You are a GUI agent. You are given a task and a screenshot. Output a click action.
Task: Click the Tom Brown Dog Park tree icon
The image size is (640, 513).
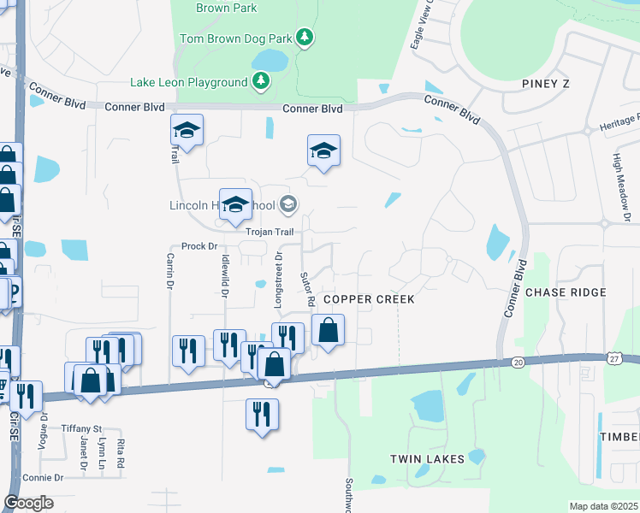305,38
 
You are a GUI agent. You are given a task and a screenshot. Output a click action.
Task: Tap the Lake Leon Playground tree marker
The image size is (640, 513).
261,82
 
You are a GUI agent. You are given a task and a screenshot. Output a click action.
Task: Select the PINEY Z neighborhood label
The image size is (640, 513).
545,83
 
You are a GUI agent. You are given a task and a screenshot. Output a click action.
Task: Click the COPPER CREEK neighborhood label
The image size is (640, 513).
369,299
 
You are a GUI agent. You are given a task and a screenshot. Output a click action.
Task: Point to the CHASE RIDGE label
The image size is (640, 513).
566,292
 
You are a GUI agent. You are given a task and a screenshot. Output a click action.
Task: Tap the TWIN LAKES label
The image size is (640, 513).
427,459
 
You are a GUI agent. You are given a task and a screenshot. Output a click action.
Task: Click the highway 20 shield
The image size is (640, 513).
519,363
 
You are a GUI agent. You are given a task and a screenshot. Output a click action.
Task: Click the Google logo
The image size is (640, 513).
28,503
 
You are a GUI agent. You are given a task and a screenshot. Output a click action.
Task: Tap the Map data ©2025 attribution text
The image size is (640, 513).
602,506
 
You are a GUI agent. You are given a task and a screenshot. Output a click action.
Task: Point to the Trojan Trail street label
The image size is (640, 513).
270,232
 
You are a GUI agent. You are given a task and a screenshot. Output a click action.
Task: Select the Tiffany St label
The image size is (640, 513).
81,427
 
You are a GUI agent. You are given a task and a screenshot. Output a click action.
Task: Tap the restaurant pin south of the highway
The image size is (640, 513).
262,413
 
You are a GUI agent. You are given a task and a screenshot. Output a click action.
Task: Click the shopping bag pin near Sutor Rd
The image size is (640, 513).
328,328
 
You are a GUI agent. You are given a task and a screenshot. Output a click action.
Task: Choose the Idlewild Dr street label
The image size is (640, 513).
224,274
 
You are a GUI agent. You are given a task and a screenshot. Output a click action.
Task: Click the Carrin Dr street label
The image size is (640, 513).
170,271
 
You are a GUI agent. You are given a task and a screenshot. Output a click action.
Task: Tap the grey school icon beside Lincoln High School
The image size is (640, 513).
288,203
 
